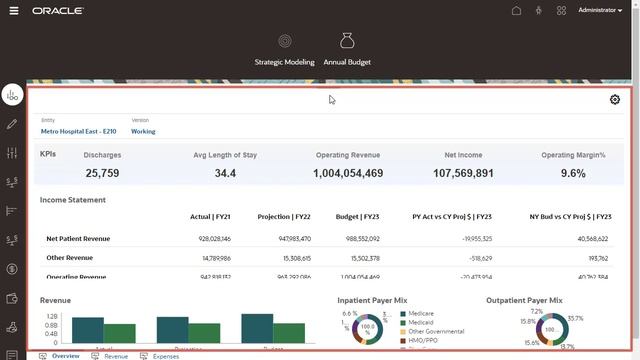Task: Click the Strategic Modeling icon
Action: coord(285,42)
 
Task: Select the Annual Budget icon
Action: coord(347,42)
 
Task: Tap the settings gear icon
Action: coord(614,99)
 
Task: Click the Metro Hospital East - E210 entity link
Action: coord(79,131)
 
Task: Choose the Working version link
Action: coord(143,131)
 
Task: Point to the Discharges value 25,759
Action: coord(102,173)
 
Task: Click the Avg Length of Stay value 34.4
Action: coord(225,173)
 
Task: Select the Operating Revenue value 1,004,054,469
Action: coord(347,173)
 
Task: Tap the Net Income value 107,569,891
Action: coord(463,173)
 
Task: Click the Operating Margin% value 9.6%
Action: coord(573,173)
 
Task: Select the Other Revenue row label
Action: coord(69,258)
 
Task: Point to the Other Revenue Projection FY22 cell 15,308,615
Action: coord(291,258)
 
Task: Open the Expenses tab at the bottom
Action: coord(166,355)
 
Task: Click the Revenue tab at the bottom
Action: coord(115,355)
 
